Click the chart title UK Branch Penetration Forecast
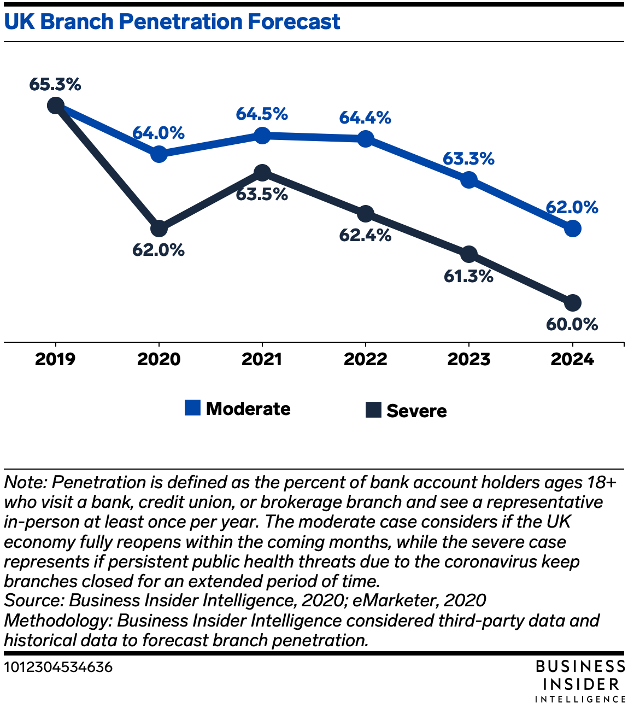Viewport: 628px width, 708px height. tap(172, 22)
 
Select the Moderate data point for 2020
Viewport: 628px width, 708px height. tap(159, 154)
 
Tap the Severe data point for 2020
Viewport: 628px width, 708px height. tap(159, 229)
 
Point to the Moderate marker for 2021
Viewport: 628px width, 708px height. tap(262, 136)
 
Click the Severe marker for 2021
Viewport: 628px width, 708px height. tap(262, 173)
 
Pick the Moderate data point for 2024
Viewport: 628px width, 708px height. tap(572, 229)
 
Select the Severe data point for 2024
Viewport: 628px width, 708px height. tap(572, 303)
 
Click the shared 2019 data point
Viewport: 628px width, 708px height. tap(56, 105)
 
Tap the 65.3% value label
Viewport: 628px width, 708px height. tap(55, 85)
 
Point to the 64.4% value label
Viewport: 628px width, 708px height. tap(365, 118)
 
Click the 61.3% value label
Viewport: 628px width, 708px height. tap(468, 277)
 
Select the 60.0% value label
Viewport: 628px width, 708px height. tap(572, 324)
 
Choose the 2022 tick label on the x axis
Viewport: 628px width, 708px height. tap(365, 359)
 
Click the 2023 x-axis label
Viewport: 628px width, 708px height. tap(468, 359)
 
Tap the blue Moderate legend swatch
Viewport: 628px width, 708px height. tap(192, 407)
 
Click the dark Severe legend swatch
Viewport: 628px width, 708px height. tap(373, 409)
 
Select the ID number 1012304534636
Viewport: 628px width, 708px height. tap(58, 667)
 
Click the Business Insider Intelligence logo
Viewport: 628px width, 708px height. tap(580, 681)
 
